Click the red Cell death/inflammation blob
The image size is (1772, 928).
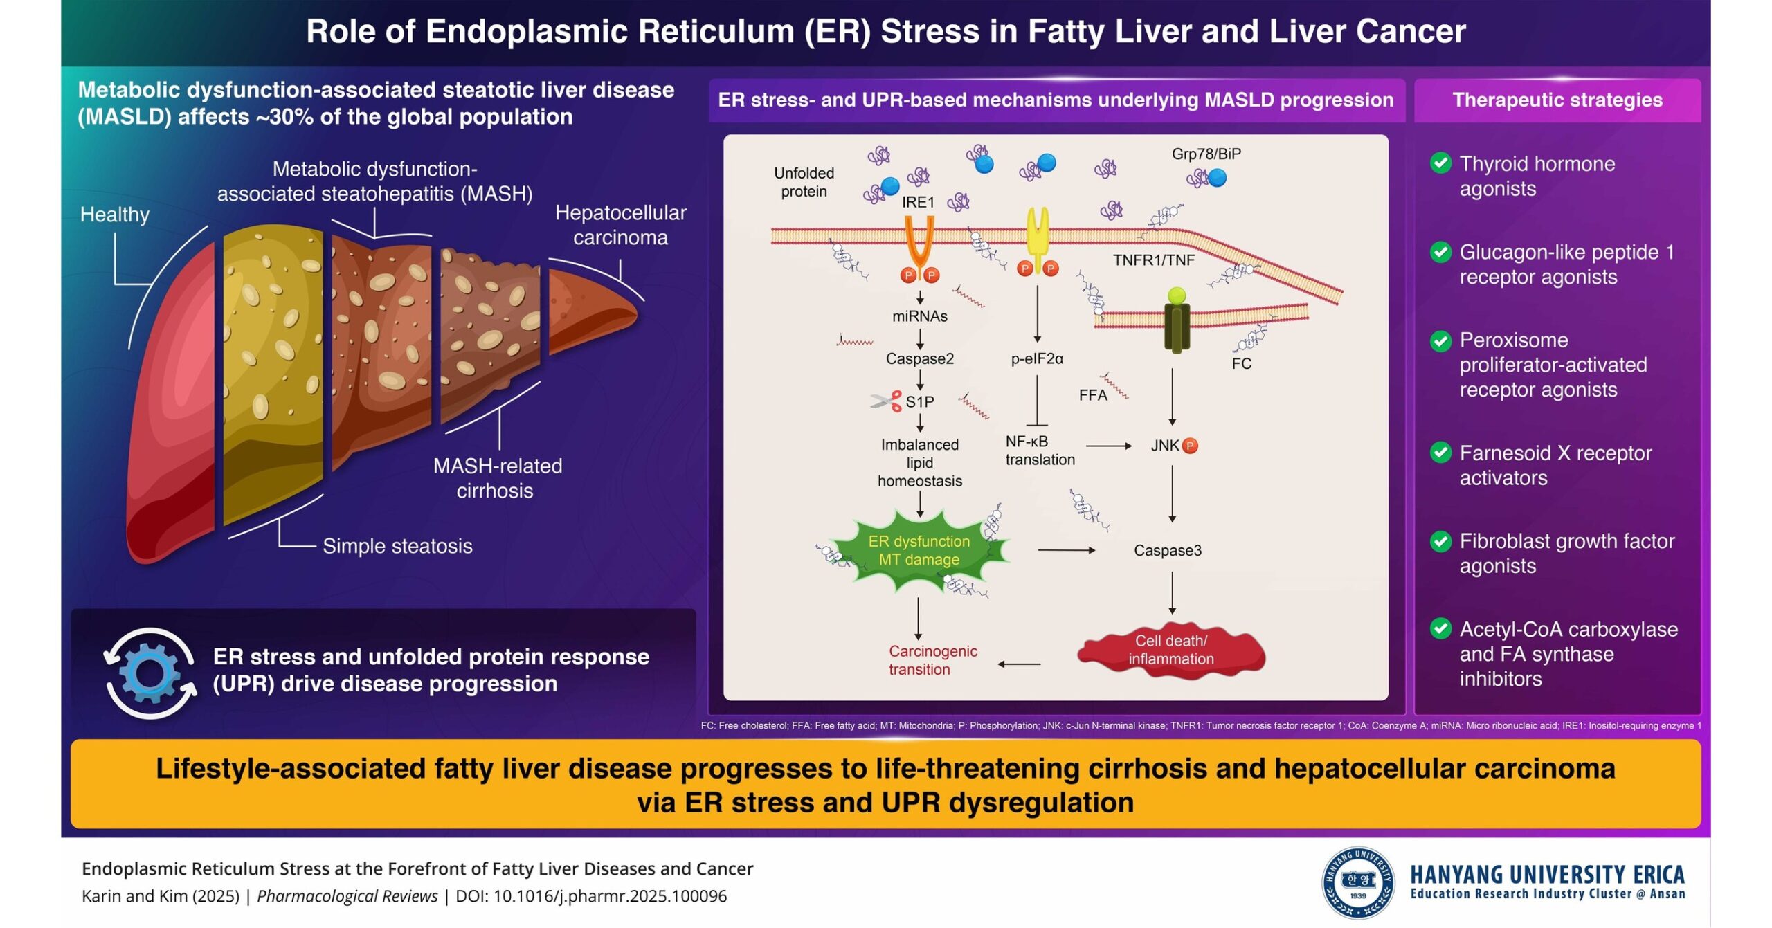(1170, 650)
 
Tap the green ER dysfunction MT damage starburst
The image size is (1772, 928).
(919, 551)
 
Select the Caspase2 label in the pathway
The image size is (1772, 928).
(919, 358)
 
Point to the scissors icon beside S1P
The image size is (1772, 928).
(886, 401)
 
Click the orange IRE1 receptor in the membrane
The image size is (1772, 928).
(920, 242)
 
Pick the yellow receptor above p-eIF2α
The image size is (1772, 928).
(1037, 232)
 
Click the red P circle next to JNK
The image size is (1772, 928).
(1190, 446)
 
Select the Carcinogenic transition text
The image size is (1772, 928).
(932, 660)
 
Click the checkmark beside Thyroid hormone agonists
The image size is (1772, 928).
(1440, 163)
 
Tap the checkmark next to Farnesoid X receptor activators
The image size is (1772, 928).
(1440, 453)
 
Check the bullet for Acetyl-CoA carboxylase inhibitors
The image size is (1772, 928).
(1440, 629)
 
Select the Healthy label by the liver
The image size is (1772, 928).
(114, 215)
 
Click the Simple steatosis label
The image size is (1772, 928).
(397, 546)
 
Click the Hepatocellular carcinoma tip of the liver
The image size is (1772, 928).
(588, 308)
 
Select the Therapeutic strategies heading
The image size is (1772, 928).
(1557, 100)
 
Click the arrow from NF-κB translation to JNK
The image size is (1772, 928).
(1108, 446)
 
